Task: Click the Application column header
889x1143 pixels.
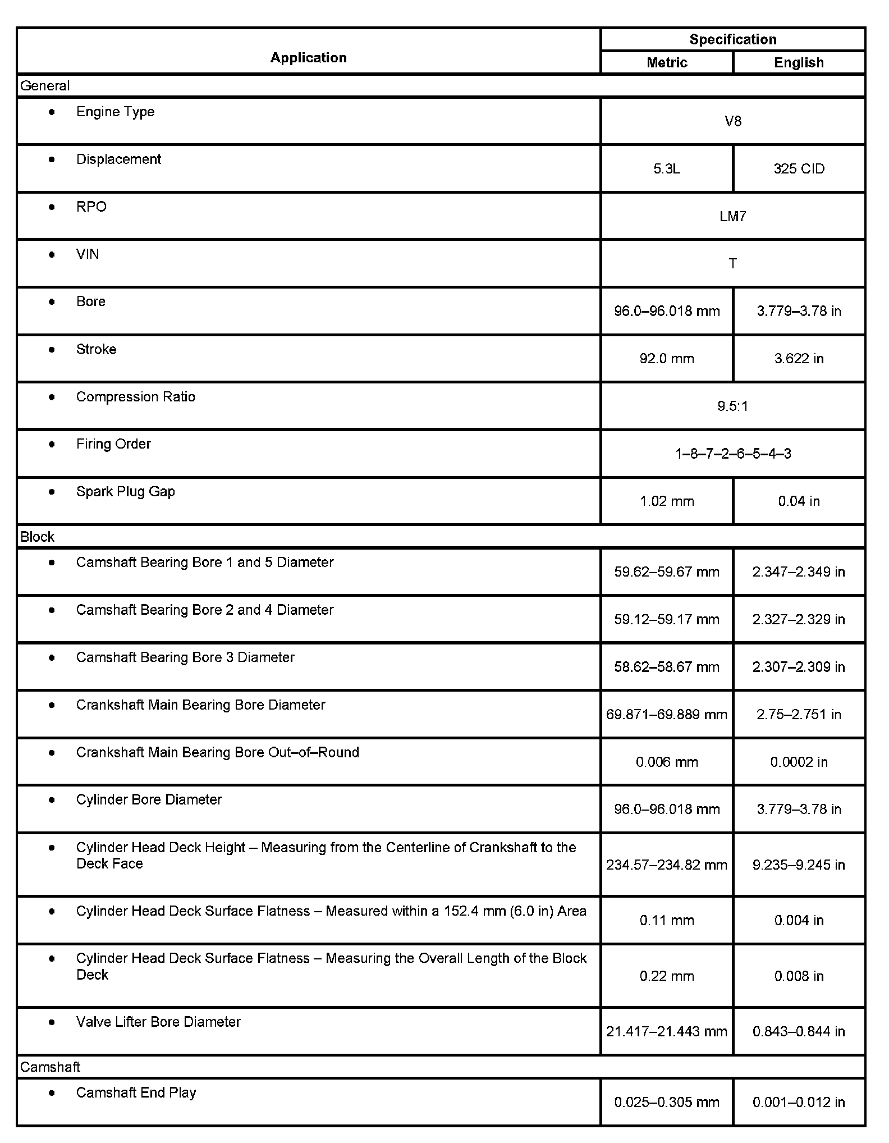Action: [308, 58]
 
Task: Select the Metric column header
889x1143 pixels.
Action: [667, 62]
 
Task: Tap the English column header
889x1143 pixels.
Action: [799, 62]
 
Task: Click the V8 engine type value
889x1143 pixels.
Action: [733, 121]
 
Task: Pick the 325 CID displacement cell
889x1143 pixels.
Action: [799, 169]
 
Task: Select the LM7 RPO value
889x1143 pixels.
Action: [733, 217]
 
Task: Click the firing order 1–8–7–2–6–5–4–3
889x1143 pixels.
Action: [733, 454]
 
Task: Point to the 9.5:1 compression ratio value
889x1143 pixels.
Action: [733, 406]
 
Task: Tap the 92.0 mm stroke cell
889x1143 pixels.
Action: [667, 359]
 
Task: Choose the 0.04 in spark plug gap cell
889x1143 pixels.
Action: [799, 501]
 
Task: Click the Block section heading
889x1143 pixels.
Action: [38, 537]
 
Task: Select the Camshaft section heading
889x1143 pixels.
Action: [50, 1067]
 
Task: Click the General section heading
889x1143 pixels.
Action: [45, 86]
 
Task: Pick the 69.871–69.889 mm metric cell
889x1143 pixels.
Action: [667, 715]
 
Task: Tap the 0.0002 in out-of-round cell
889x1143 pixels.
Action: [799, 762]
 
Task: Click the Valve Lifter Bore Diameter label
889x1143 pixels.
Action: [158, 1022]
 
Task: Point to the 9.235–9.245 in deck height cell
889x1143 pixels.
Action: [799, 865]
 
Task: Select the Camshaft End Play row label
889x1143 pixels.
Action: [136, 1092]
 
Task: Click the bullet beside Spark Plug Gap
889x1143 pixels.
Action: [52, 492]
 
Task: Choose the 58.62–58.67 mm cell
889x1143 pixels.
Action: [667, 667]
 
